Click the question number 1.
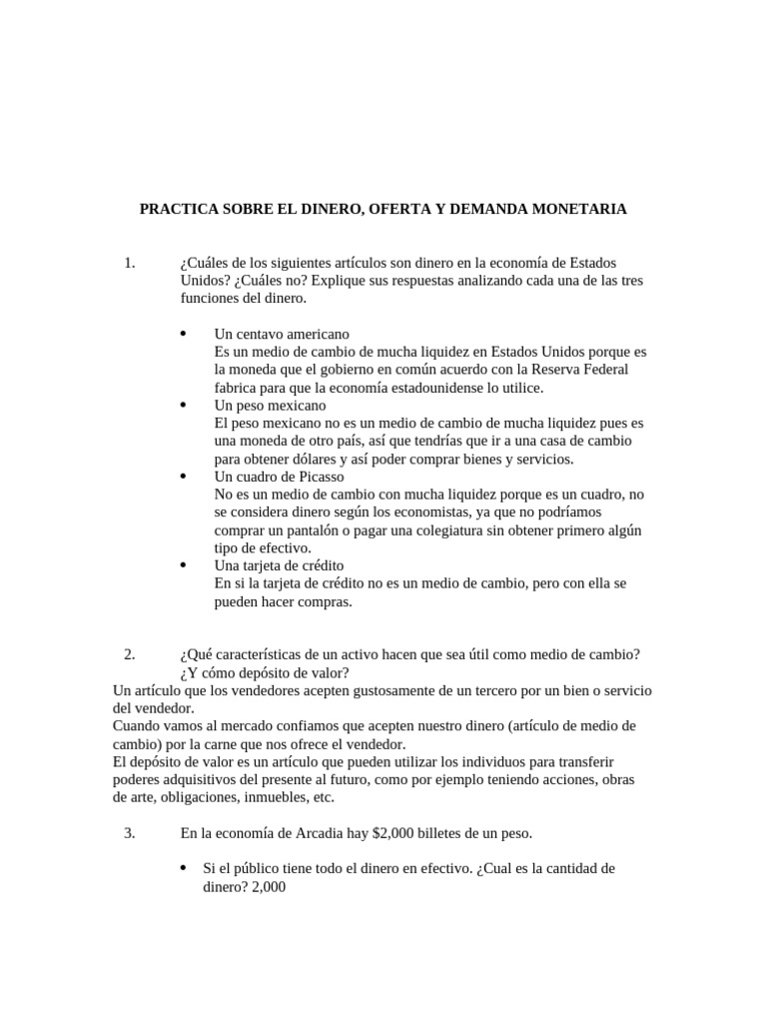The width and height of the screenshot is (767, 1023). [x=129, y=263]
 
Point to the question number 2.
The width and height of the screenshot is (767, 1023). [x=129, y=654]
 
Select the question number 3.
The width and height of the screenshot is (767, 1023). [x=129, y=832]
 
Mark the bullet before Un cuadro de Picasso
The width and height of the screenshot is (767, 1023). [x=182, y=477]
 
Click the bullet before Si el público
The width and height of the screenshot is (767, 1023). [x=182, y=868]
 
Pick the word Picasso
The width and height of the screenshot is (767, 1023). [x=319, y=477]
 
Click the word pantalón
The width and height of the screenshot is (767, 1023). [x=306, y=530]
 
